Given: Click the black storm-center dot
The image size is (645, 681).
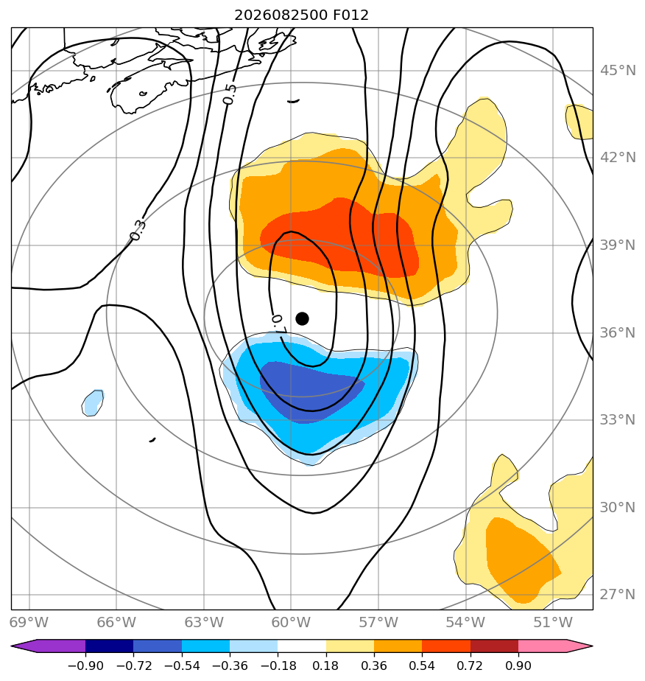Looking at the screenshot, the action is (302, 319).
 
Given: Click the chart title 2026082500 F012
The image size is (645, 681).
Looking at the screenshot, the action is (301, 15).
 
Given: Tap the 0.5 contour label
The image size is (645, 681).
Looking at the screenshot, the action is (230, 94).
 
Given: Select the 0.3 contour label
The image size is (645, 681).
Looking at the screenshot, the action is (138, 230).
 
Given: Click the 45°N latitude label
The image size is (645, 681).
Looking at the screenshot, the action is (618, 70).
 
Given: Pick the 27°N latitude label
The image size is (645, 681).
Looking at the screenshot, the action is (618, 594).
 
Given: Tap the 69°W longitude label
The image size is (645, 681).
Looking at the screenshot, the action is (29, 622).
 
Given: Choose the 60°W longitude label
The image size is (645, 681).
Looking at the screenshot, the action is (291, 622).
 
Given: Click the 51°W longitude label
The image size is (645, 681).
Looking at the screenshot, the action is (553, 622).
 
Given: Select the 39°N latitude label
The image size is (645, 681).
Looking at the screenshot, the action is (618, 245).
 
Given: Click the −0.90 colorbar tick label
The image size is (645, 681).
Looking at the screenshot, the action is (85, 666).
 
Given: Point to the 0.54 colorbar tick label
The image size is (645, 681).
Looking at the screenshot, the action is (422, 666).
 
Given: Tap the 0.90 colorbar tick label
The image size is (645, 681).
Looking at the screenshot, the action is (518, 666).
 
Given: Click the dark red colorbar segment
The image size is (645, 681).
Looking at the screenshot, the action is (494, 646).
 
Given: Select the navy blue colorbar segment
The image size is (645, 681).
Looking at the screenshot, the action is (109, 646).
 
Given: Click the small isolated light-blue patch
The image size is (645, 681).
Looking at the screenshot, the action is (93, 403).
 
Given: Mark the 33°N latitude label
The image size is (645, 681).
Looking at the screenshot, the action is (618, 419).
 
